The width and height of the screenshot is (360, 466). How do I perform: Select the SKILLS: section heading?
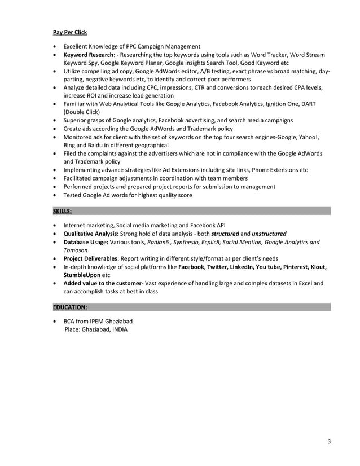(x=62, y=211)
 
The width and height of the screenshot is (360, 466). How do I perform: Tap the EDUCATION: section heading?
(x=70, y=308)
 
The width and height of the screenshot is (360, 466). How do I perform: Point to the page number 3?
(x=330, y=441)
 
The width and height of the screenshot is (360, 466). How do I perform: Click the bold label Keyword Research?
(x=86, y=55)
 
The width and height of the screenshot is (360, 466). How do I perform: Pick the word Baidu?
(x=96, y=145)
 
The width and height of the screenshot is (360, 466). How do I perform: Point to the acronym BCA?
(x=71, y=322)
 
